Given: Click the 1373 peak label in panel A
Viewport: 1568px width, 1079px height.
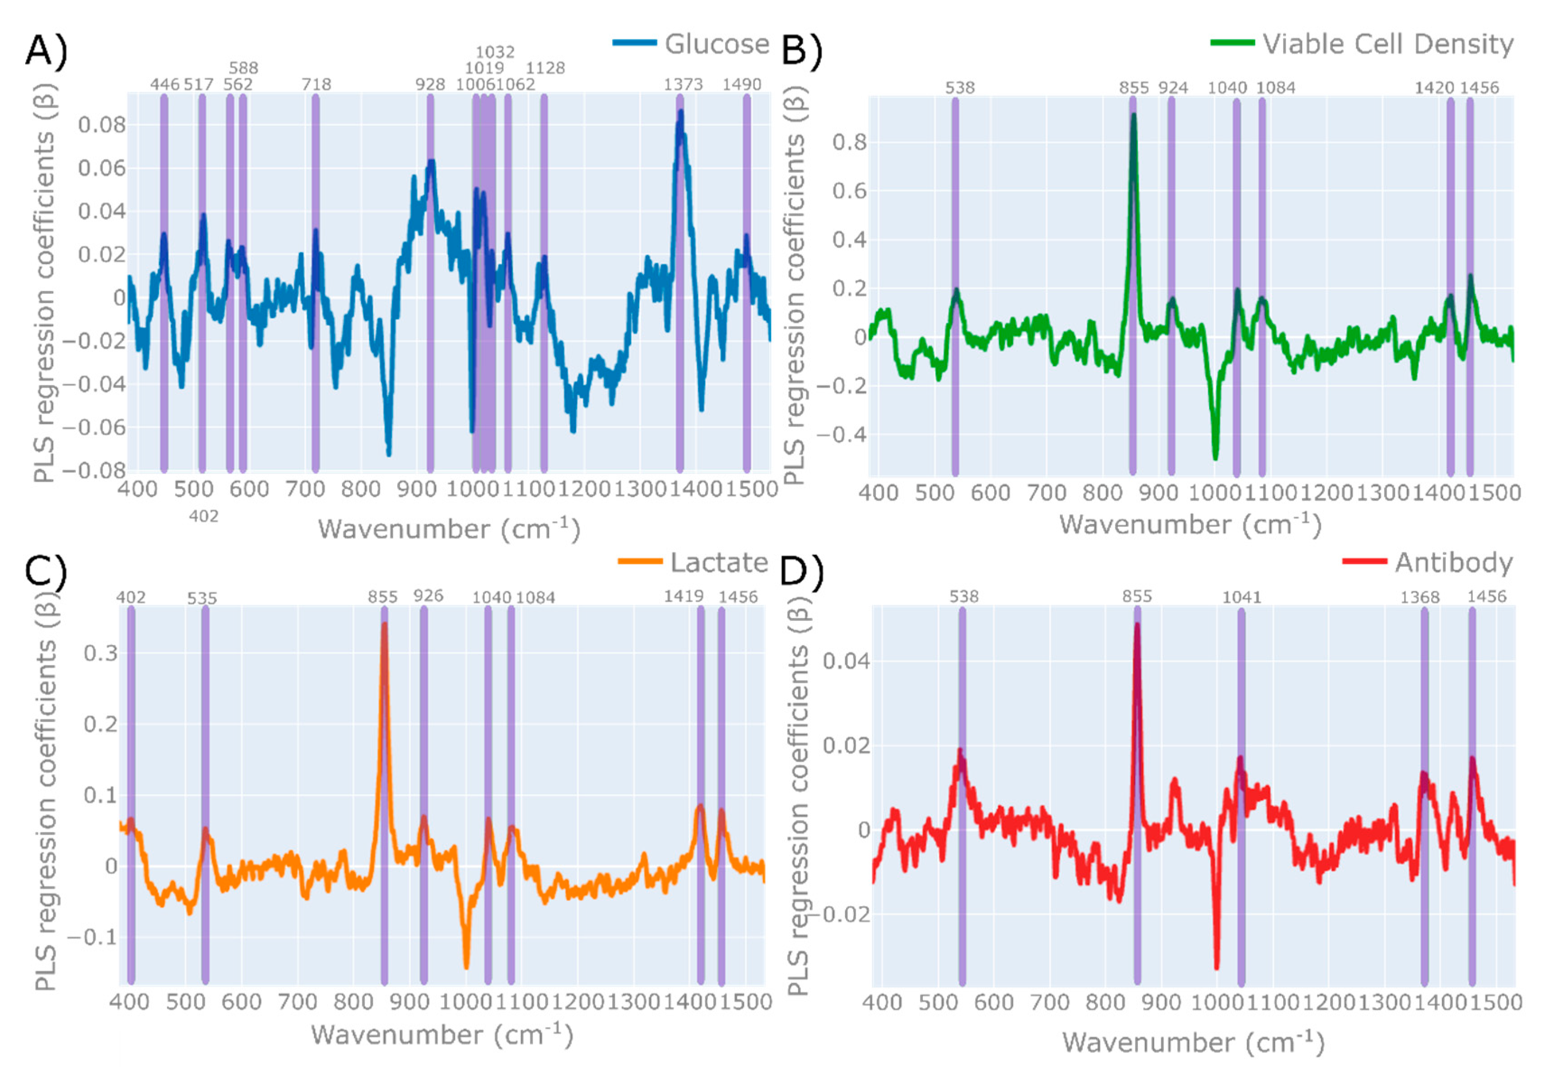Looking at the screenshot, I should [683, 84].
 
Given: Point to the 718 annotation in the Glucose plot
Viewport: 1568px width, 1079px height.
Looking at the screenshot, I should [316, 84].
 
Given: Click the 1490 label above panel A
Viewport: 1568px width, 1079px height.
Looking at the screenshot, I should [742, 84].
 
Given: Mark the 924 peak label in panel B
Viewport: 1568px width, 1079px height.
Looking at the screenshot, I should [1173, 88].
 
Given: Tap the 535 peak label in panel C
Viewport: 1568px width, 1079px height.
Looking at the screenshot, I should [202, 598].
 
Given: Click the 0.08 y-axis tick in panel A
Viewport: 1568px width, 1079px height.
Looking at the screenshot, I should [102, 125].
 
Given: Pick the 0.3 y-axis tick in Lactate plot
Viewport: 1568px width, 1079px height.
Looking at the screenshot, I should [100, 653].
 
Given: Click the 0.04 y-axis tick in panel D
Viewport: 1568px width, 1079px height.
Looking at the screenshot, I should [845, 661].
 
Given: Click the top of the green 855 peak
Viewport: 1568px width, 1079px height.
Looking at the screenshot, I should [1133, 115].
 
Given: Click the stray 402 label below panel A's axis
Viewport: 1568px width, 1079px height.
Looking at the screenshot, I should [204, 516].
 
